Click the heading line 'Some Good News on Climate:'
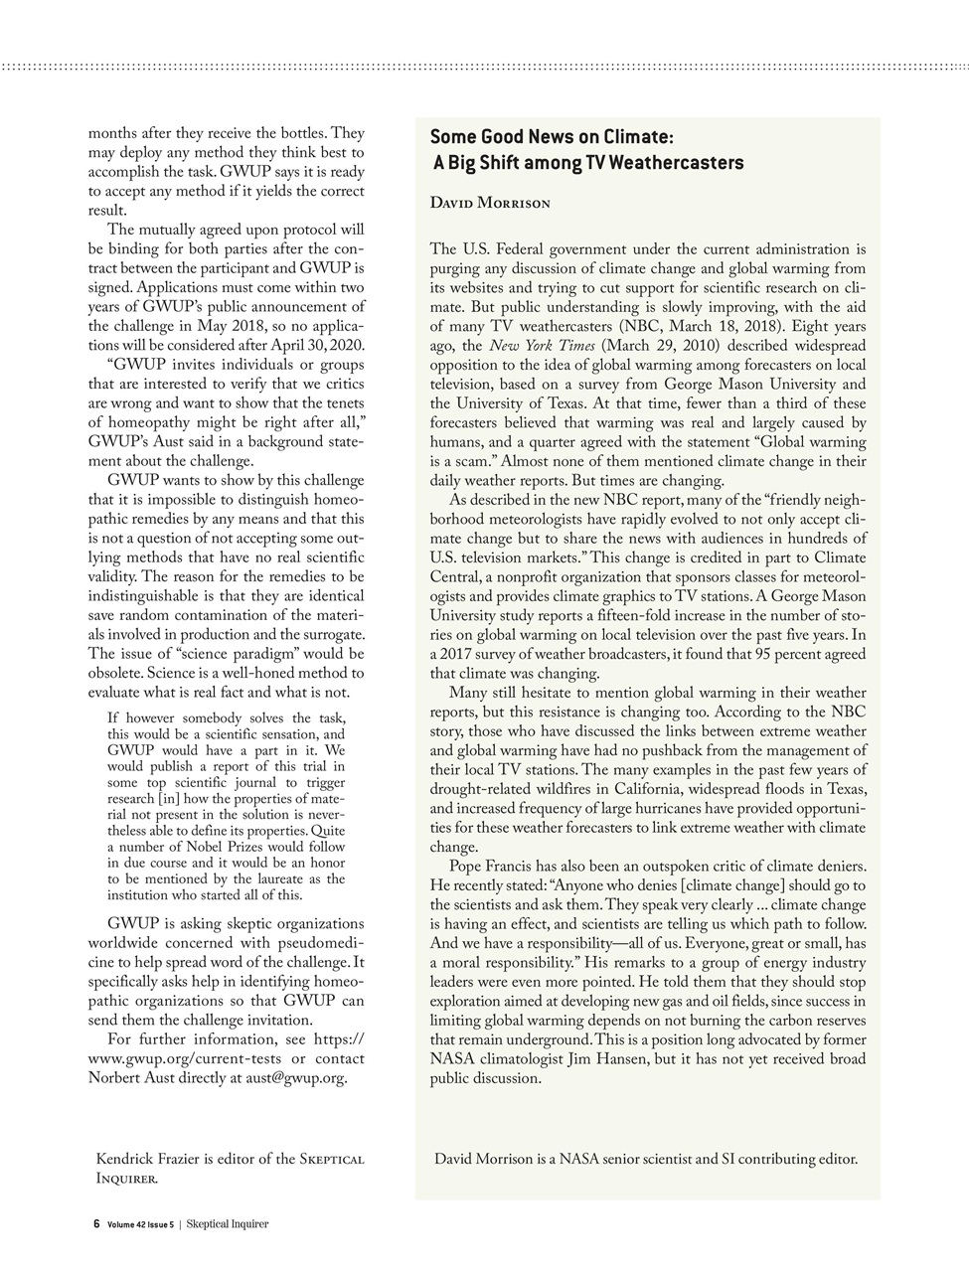[x=552, y=137]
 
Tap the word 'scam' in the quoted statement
[x=473, y=461]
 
